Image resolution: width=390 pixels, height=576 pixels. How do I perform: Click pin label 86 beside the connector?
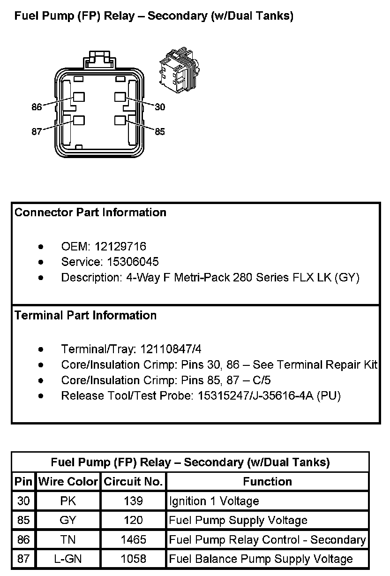37,107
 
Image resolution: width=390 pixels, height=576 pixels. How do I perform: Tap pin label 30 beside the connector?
160,107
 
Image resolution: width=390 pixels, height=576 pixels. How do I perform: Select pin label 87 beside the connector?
37,131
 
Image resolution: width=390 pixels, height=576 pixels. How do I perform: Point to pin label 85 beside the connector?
160,131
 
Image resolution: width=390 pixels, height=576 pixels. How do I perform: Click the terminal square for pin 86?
79,97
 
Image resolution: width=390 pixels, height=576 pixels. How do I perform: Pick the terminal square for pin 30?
120,97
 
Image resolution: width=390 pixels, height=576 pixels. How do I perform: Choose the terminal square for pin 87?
79,120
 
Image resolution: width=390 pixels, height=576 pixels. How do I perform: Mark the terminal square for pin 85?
120,120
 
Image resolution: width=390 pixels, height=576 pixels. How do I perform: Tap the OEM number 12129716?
120,246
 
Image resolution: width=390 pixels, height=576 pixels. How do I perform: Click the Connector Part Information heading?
90,212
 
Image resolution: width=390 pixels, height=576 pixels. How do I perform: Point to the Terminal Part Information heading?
85,315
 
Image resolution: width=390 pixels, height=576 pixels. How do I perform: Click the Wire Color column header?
68,482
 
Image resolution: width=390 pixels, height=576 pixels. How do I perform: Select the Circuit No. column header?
133,482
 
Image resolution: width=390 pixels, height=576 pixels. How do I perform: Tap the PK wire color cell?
68,501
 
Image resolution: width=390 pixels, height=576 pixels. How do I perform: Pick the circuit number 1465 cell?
133,540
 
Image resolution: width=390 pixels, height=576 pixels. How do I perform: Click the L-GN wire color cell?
68,559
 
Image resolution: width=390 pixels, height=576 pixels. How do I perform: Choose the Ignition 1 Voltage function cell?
214,501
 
